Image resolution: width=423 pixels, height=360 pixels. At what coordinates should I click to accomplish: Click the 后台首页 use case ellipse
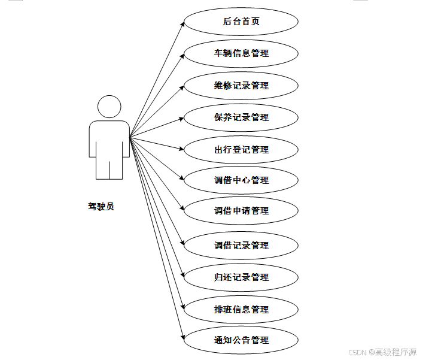[x=241, y=22]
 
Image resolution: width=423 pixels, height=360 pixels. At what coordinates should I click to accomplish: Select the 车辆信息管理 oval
[x=241, y=53]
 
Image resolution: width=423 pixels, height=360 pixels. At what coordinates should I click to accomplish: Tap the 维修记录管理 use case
[x=241, y=86]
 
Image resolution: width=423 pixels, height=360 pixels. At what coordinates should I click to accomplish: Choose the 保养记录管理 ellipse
[x=241, y=117]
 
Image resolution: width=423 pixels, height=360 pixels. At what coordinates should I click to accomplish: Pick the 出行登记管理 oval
[x=241, y=150]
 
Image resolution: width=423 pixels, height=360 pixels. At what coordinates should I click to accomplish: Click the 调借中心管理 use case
[x=241, y=180]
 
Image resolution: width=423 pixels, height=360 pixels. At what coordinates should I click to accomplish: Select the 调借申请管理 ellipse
[x=241, y=211]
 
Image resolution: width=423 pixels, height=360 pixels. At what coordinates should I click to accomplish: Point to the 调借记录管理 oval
[x=241, y=246]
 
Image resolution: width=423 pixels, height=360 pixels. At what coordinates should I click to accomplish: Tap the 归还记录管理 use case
[x=241, y=277]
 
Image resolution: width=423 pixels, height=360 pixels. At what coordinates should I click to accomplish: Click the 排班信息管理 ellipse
[x=241, y=310]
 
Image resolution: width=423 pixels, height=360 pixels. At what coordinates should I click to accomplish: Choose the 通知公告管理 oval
[x=241, y=340]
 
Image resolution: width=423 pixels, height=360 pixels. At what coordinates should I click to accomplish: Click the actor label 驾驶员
[x=101, y=207]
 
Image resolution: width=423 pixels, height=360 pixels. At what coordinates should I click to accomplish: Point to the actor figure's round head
[x=109, y=107]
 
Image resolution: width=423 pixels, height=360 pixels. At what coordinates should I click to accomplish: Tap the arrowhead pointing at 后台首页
[x=181, y=24]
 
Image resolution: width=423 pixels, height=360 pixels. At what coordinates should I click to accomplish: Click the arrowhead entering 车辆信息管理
[x=181, y=55]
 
